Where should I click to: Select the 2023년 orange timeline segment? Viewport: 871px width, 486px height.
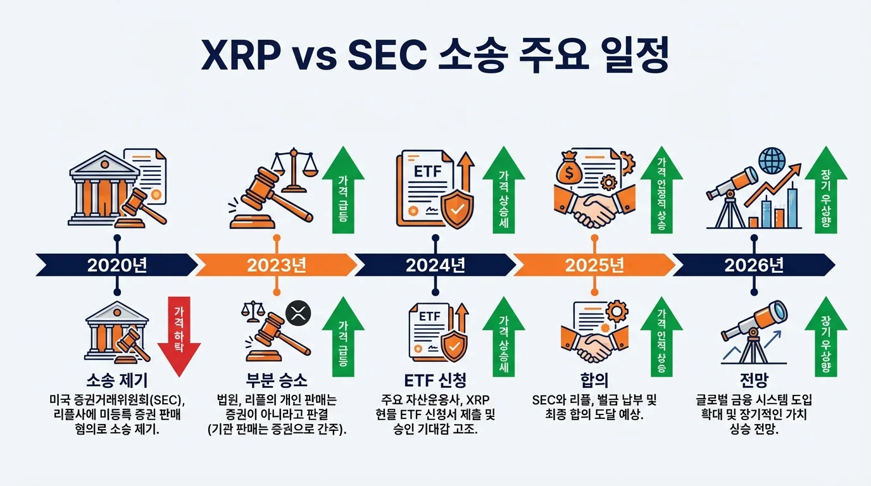pyautogui.click(x=276, y=265)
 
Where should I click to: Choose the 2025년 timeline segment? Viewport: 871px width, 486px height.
pyautogui.click(x=594, y=265)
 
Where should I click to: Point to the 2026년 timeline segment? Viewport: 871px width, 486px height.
pyautogui.click(x=753, y=265)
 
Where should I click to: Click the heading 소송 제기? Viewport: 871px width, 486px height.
pyautogui.click(x=116, y=380)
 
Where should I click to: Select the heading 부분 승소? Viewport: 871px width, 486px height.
pyautogui.click(x=276, y=380)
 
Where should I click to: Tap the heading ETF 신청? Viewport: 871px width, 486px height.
pyautogui.click(x=435, y=380)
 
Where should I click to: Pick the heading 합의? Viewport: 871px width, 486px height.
pyautogui.click(x=594, y=380)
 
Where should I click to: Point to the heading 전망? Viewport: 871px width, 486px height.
pyautogui.click(x=753, y=380)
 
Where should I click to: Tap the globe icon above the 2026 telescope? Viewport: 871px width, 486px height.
pyautogui.click(x=771, y=159)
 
